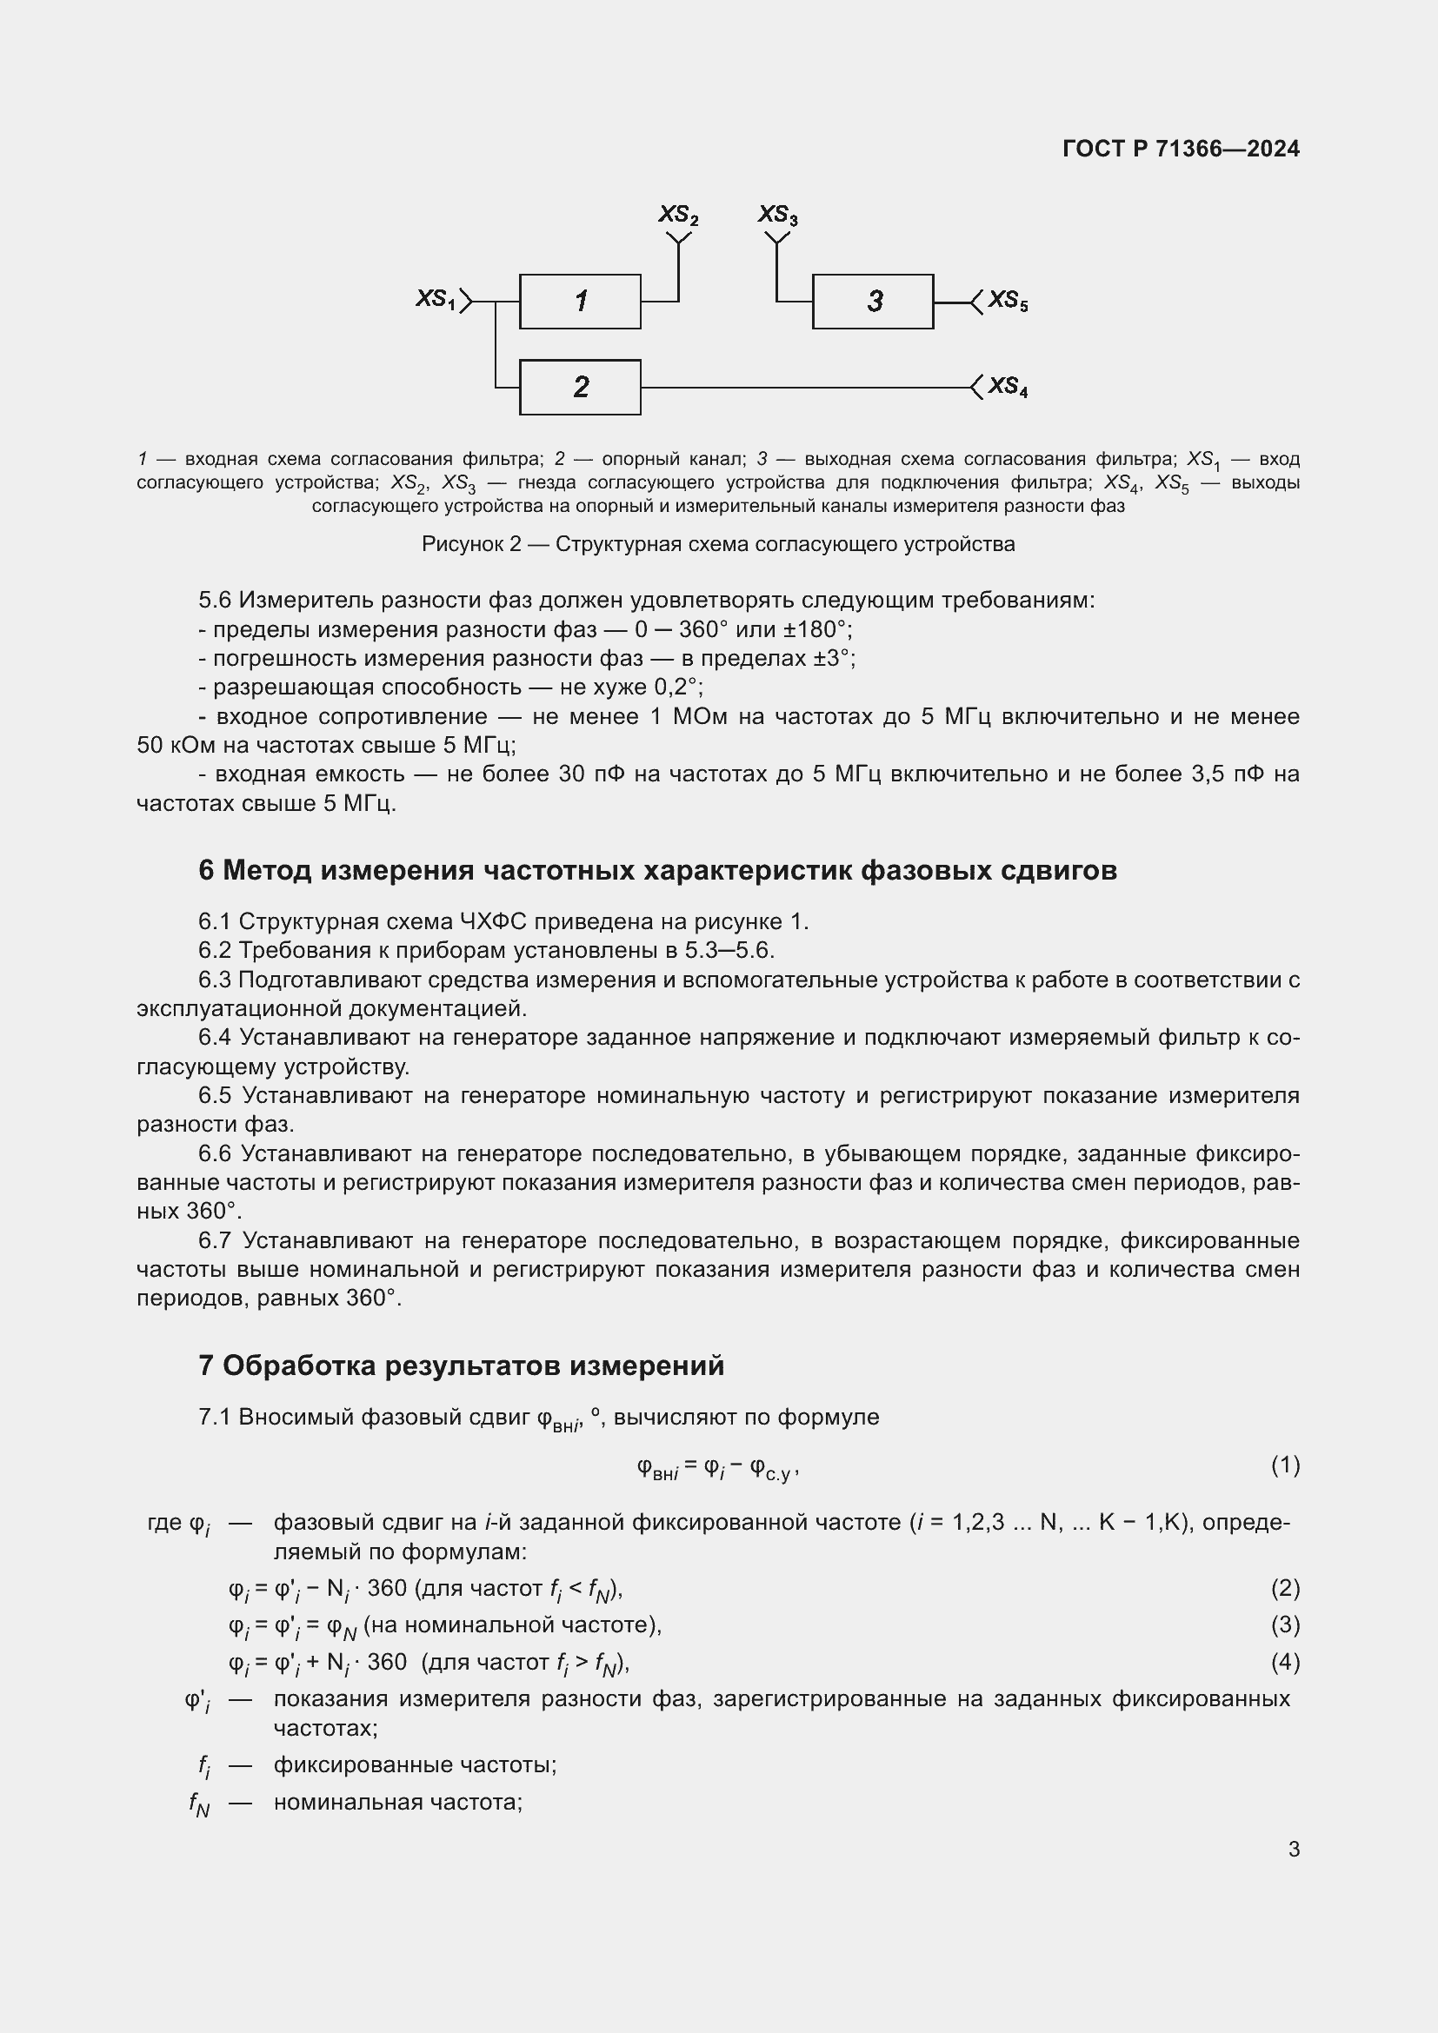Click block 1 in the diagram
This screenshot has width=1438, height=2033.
tap(580, 302)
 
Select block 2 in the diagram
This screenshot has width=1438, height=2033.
tap(580, 387)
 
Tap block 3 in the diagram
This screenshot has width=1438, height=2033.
tap(873, 302)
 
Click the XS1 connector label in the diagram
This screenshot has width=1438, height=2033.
tap(435, 299)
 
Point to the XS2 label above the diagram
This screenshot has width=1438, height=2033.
tap(677, 216)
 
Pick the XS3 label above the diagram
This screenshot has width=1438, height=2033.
tap(777, 216)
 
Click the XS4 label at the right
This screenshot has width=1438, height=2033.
tap(1008, 387)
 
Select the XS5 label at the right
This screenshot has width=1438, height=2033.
tap(1008, 301)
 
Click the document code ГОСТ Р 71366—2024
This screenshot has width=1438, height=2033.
tap(1181, 149)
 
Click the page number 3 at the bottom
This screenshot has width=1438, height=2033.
tap(1294, 1849)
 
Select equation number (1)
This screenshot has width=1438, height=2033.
tap(1285, 1465)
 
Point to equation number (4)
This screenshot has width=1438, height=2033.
tap(1285, 1662)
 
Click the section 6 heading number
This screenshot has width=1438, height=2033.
tap(205, 870)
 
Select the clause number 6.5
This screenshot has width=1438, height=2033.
tap(214, 1095)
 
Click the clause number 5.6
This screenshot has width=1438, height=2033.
tap(214, 601)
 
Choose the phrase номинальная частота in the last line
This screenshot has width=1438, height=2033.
tap(396, 1802)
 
